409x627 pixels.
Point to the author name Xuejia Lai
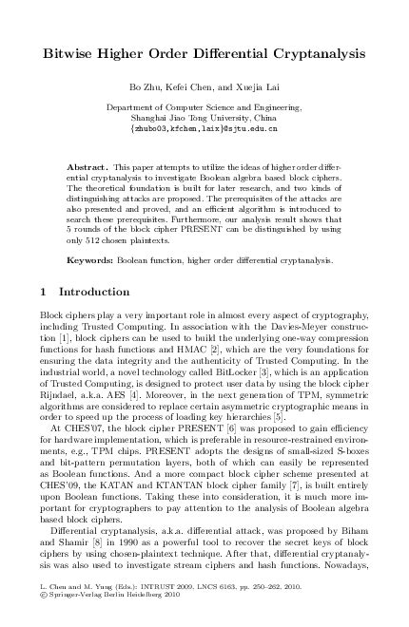tap(253, 88)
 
